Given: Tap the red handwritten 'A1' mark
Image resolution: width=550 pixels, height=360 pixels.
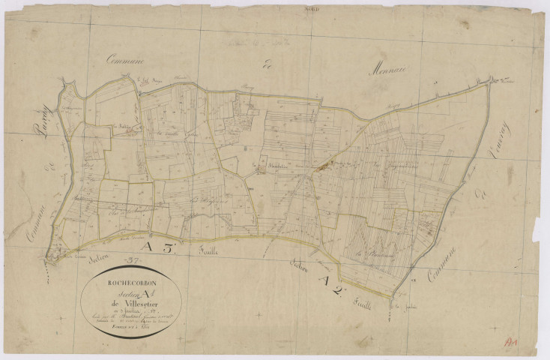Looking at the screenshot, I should (x=513, y=340).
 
